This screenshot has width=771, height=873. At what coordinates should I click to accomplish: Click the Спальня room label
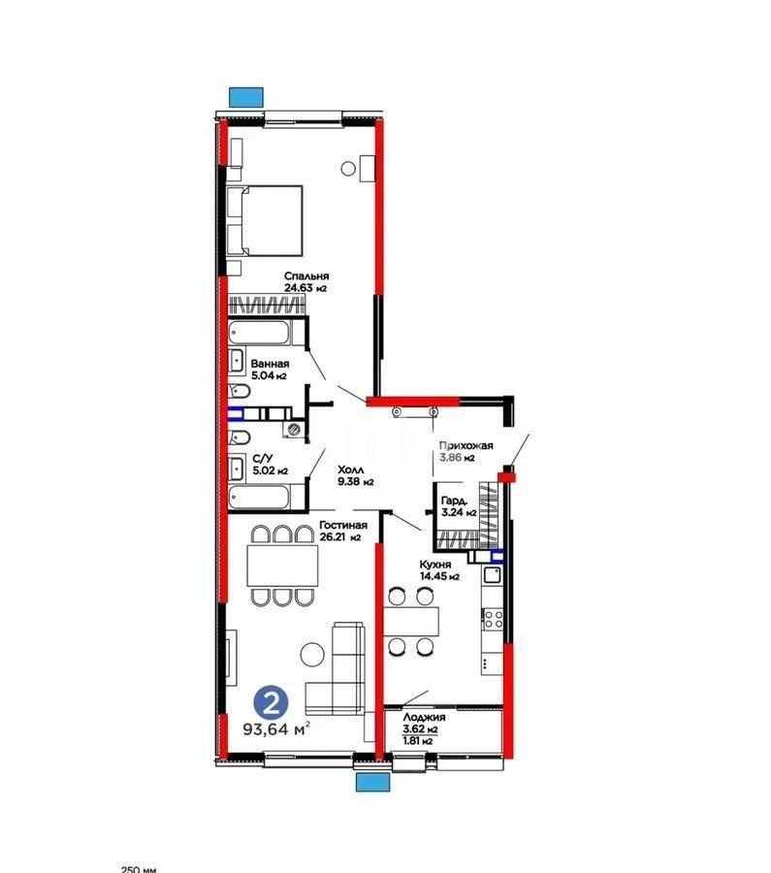click(306, 275)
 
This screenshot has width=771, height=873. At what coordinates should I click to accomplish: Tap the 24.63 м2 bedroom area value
click(306, 288)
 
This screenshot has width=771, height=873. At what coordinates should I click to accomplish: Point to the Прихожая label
click(465, 445)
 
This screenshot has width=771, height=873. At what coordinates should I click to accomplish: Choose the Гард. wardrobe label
click(456, 501)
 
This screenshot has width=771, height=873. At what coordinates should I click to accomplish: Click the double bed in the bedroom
click(264, 221)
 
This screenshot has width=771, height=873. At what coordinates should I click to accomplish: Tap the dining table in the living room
click(281, 565)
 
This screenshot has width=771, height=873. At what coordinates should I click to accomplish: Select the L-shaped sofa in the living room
click(335, 669)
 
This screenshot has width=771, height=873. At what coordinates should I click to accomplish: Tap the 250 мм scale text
click(138, 868)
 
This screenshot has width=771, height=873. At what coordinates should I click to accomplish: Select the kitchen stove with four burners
click(491, 618)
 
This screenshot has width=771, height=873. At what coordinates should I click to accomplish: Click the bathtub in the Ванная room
click(260, 333)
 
